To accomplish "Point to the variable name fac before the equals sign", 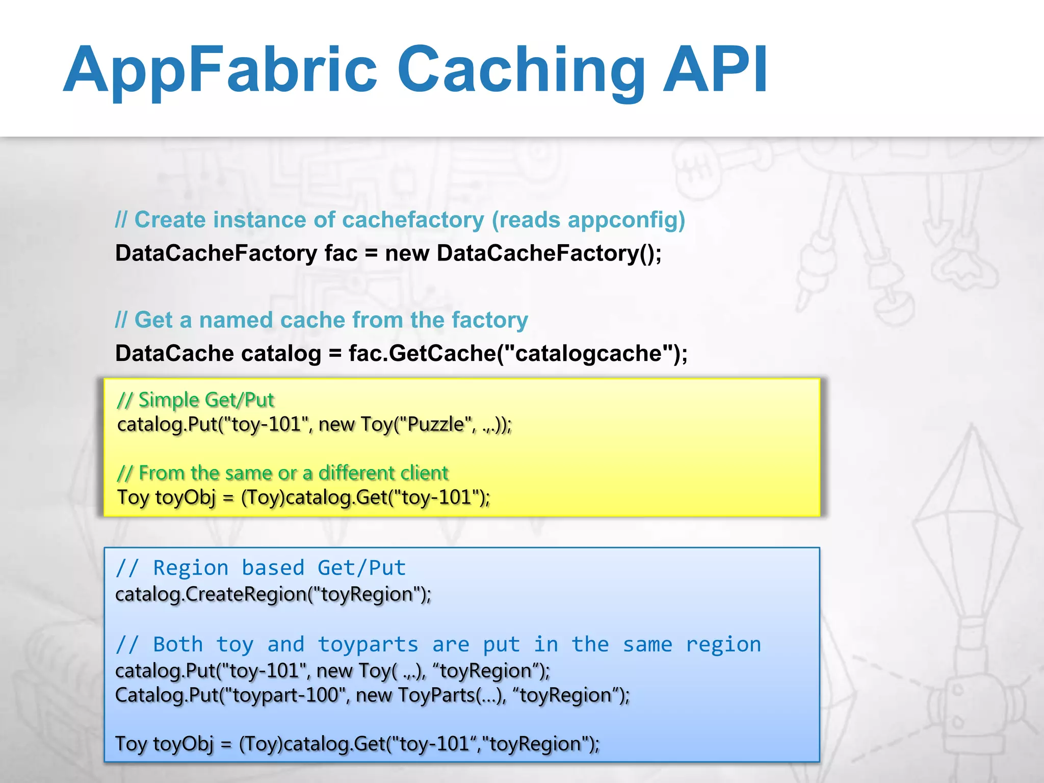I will click(341, 253).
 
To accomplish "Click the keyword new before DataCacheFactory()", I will click(407, 253).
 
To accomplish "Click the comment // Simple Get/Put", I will click(196, 400).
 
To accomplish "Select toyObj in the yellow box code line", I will click(186, 497).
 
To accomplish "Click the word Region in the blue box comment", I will click(191, 568).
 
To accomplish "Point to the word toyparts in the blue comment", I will click(368, 645).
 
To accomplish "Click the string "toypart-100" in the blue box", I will click(282, 695).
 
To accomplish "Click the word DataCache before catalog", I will click(174, 353).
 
